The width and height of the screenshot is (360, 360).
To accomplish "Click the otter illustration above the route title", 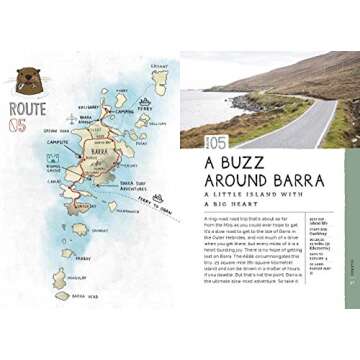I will (x=27, y=81).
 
